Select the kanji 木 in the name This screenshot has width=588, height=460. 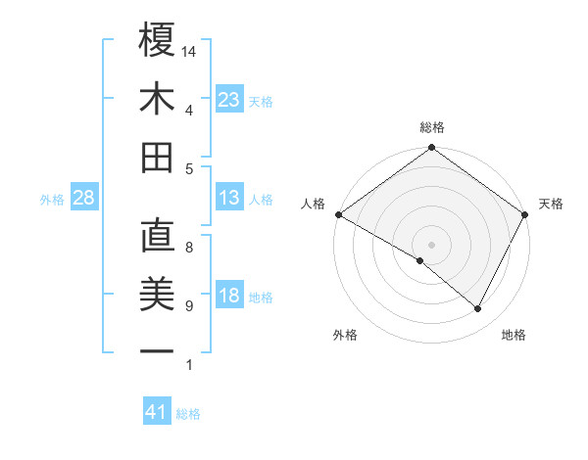[157, 99]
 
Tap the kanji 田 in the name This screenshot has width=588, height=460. [157, 157]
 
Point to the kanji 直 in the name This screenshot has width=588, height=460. [157, 237]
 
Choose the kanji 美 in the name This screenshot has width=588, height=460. [157, 294]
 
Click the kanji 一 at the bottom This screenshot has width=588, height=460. [157, 350]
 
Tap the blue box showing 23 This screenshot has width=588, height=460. [229, 100]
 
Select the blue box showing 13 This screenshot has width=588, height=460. [229, 199]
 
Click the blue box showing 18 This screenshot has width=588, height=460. [229, 297]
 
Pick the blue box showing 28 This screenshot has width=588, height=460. [83, 199]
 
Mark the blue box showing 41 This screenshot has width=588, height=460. [157, 413]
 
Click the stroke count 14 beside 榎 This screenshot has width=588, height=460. [190, 51]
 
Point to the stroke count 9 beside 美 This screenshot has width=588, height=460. [189, 306]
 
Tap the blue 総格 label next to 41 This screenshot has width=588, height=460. [189, 414]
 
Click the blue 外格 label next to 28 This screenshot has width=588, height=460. [52, 200]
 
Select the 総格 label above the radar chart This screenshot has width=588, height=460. [431, 127]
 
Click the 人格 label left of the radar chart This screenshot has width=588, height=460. [314, 204]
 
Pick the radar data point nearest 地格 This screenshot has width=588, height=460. [478, 309]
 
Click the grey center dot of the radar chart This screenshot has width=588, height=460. [431, 244]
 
